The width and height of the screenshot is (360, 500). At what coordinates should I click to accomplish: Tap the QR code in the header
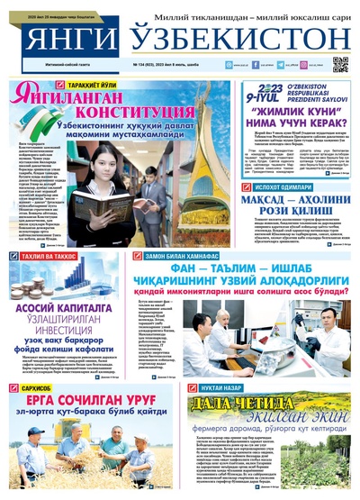click(340, 64)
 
